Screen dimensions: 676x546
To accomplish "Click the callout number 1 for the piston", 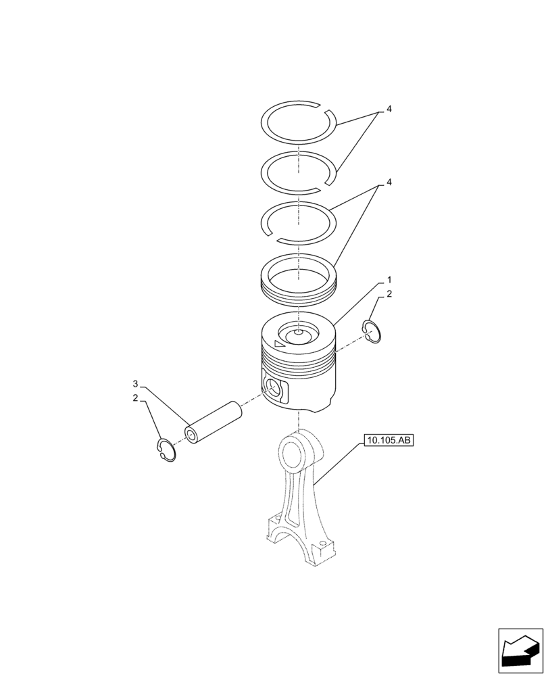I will [389, 279].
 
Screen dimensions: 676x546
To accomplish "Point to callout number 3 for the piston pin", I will [135, 384].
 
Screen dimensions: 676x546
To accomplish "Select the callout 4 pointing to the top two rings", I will [389, 109].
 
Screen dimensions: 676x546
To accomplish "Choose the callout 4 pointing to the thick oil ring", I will [389, 183].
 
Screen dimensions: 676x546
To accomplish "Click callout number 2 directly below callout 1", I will [389, 294].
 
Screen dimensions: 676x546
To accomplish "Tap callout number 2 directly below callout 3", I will [135, 399].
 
